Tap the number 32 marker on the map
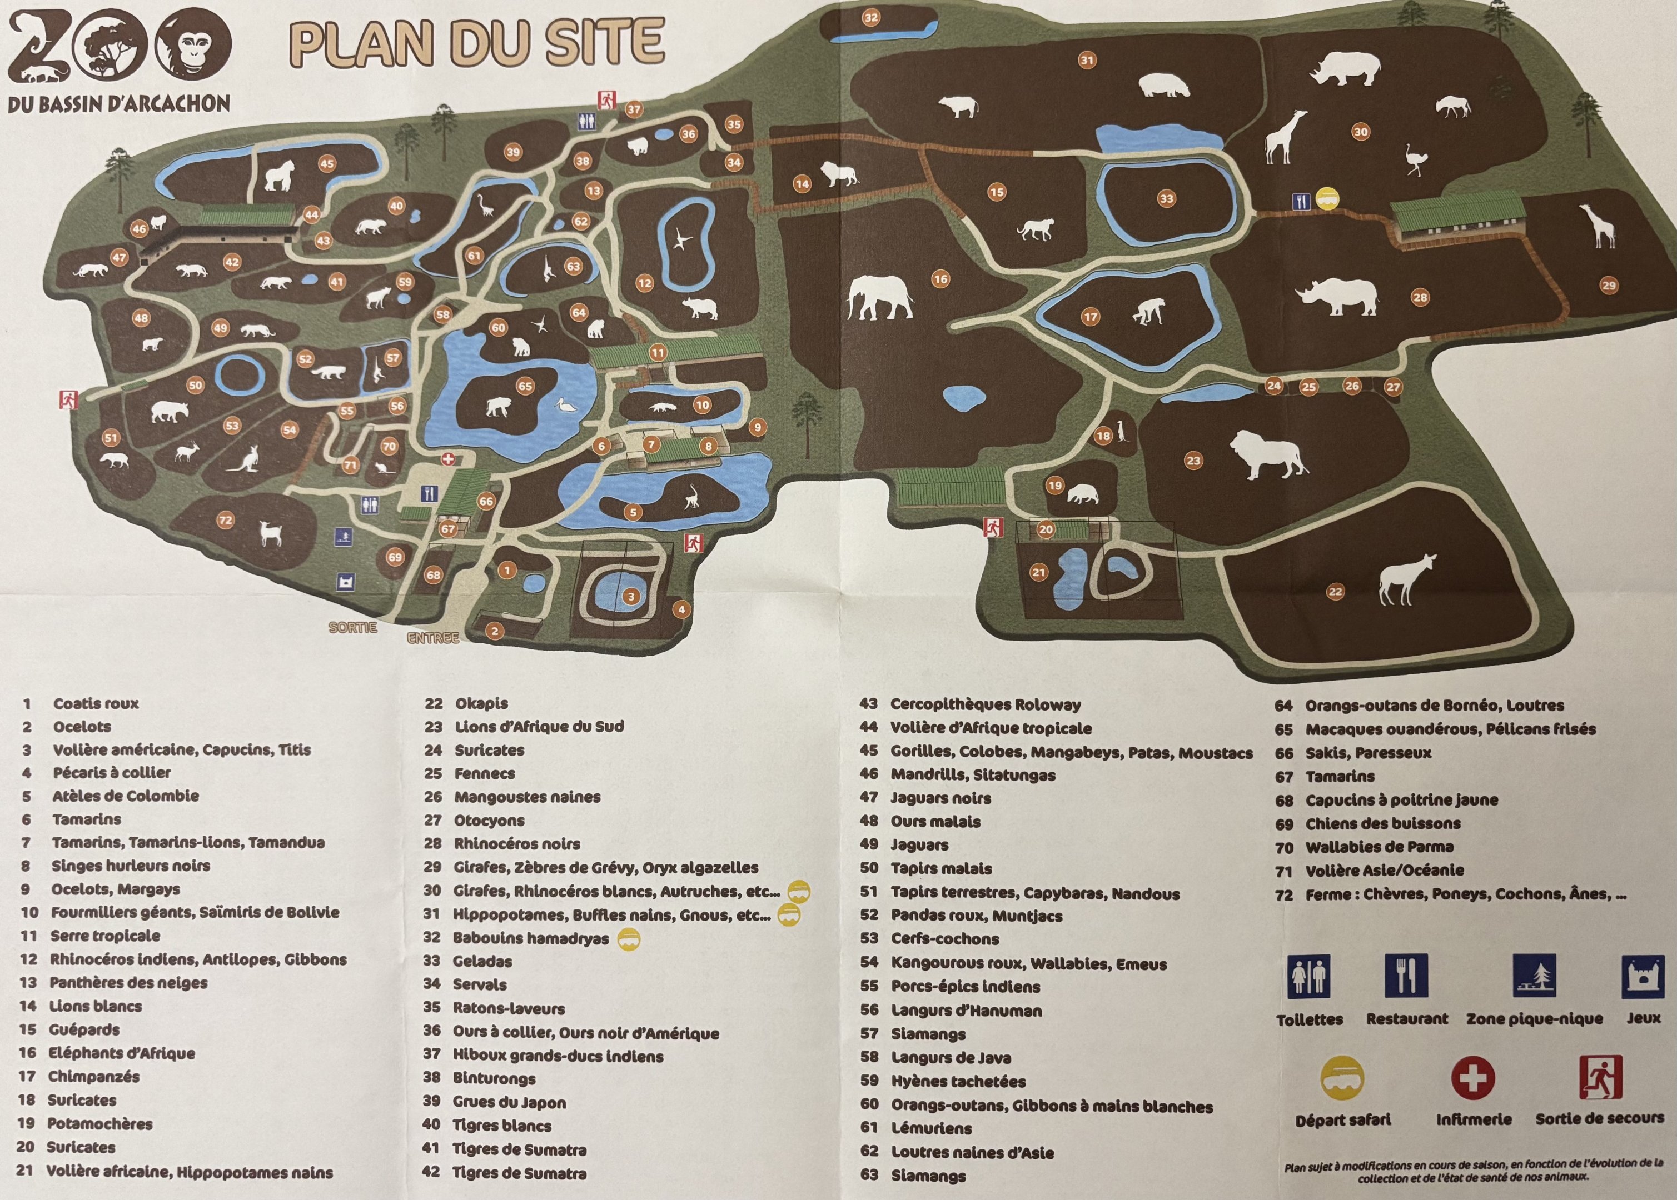click(x=872, y=18)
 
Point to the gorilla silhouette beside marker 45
click(x=280, y=176)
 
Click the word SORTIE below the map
click(x=352, y=627)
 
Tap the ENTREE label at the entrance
click(x=433, y=638)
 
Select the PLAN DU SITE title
click(x=477, y=42)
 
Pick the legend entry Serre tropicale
click(x=105, y=936)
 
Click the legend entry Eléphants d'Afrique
click(x=121, y=1053)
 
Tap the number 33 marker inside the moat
click(x=1166, y=198)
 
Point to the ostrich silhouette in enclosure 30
click(x=1415, y=159)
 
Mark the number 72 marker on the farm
click(x=226, y=520)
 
